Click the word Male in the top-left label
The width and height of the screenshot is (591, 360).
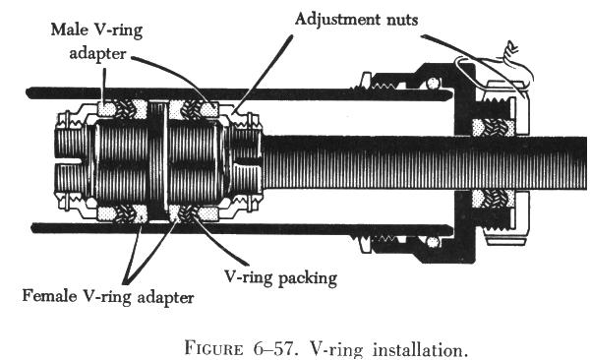pos(70,30)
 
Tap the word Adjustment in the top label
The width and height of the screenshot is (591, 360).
pos(337,19)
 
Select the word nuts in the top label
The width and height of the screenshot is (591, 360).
pos(402,20)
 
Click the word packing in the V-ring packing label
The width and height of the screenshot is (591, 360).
pos(308,278)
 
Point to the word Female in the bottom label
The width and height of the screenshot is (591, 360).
pos(49,295)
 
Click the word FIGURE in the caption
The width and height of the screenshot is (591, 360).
pos(213,347)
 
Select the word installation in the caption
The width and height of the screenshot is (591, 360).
pos(418,349)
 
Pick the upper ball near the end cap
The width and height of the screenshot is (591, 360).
pos(434,83)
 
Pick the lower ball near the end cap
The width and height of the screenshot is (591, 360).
pos(433,242)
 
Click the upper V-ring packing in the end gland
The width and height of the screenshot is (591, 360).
pos(495,128)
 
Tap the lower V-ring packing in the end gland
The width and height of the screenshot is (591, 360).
pos(494,199)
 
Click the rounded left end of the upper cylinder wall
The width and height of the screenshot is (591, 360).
pos(30,92)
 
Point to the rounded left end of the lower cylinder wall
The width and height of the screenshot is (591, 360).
pos(35,228)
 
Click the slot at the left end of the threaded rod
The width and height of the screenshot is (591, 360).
pos(69,161)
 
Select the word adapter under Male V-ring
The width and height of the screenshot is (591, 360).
pos(97,53)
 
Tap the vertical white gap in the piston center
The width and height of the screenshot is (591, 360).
pos(165,155)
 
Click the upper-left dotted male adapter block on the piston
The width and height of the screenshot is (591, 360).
pos(106,109)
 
